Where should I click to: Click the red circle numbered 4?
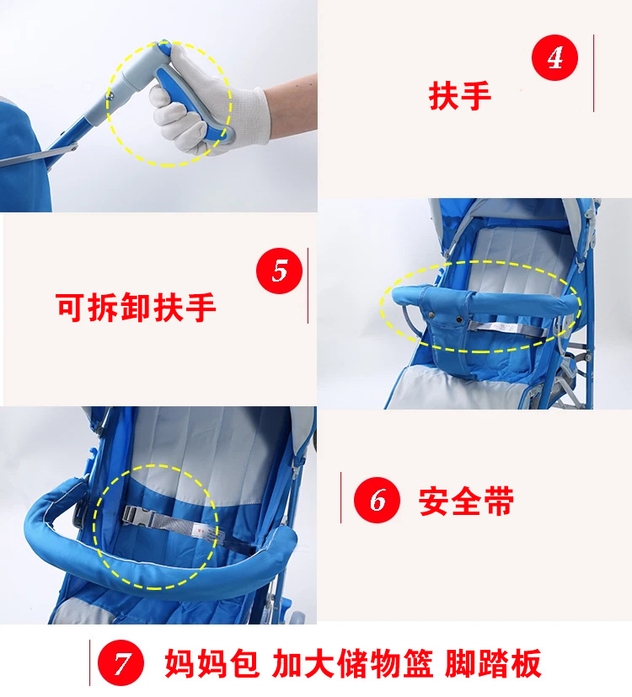(x=554, y=57)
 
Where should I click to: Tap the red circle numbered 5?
(x=279, y=271)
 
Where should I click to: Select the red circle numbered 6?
(x=377, y=500)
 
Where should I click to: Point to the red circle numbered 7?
(x=121, y=662)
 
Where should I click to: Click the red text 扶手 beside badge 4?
(x=460, y=95)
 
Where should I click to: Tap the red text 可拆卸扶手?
(x=136, y=307)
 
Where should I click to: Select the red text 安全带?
(x=466, y=501)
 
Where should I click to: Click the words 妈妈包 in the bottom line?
(x=212, y=663)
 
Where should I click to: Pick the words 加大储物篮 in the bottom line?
(x=352, y=663)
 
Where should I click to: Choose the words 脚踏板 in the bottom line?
(x=493, y=663)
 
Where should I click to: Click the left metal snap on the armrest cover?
(x=431, y=315)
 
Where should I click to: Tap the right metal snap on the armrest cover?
(x=459, y=319)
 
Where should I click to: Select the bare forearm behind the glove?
(x=291, y=107)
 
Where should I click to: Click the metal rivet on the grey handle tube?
(x=109, y=95)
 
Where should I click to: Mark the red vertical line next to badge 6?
(x=341, y=497)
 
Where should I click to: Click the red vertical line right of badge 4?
(x=594, y=73)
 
